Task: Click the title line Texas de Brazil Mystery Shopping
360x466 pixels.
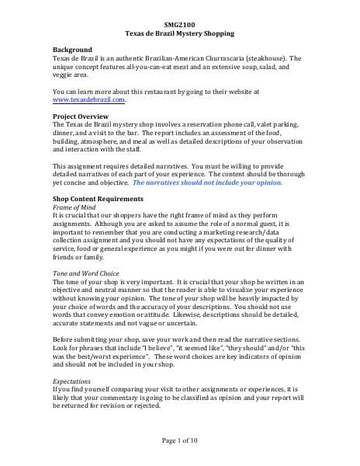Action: tap(179, 34)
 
